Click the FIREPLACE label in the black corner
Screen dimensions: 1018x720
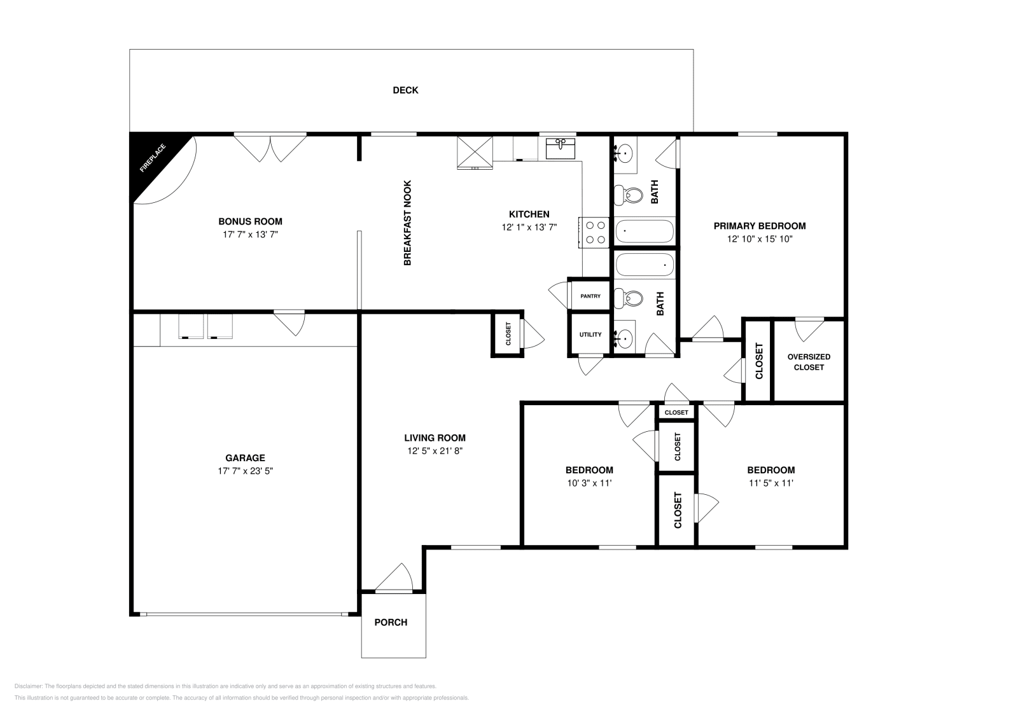[x=153, y=158]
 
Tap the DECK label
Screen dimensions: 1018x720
[x=405, y=90]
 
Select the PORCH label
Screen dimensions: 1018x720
[x=391, y=622]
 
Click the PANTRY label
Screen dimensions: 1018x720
[x=590, y=296]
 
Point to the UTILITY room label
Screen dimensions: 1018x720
[x=590, y=335]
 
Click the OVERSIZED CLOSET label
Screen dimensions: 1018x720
[x=809, y=362]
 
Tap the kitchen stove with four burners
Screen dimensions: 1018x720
[x=594, y=233]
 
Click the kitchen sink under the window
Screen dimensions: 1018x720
[x=561, y=149]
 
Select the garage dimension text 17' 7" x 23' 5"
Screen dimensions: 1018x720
[x=246, y=471]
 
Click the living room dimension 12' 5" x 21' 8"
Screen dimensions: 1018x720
[x=435, y=451]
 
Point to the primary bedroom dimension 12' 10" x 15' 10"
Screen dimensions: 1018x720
[x=760, y=239]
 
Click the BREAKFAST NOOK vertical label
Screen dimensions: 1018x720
[x=407, y=223]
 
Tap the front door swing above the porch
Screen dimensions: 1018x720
[x=394, y=578]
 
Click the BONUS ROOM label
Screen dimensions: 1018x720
[x=251, y=222]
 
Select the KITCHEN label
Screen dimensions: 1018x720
[x=529, y=214]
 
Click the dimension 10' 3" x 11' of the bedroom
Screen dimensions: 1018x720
[x=589, y=483]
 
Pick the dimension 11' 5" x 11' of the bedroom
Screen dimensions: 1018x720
[x=771, y=483]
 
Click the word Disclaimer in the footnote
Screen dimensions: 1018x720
[x=29, y=686]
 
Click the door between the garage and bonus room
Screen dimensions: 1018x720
[x=289, y=323]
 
